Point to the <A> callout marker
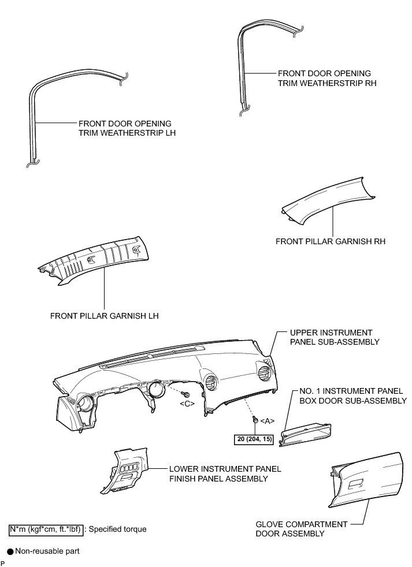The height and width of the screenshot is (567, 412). [266, 420]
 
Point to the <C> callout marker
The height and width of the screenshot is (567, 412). [186, 402]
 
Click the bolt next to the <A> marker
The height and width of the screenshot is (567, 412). [255, 418]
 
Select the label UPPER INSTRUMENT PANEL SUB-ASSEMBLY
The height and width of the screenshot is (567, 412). [335, 337]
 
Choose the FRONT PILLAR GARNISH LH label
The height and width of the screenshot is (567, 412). [104, 316]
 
